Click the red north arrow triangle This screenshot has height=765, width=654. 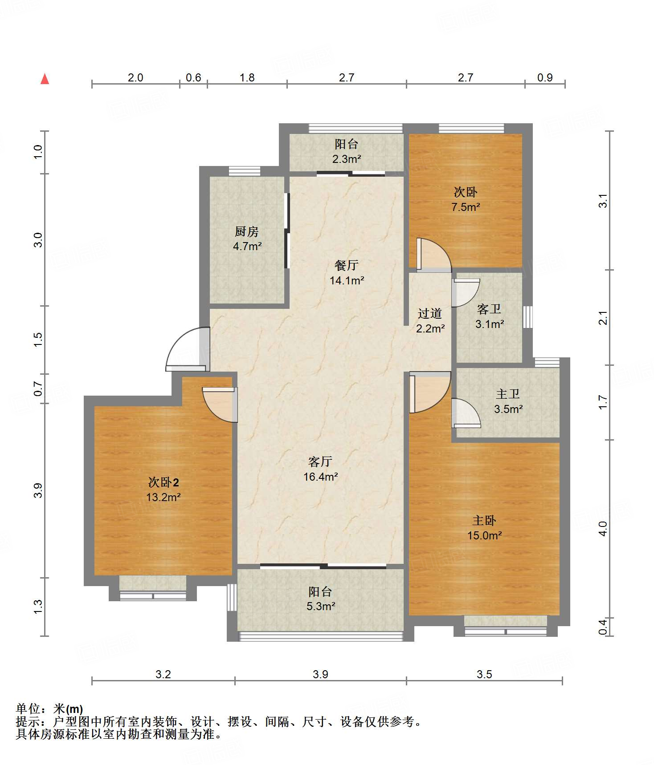point(45,79)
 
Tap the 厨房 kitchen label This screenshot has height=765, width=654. point(247,231)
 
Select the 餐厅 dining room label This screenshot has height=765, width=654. point(347,265)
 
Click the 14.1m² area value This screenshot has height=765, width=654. point(347,280)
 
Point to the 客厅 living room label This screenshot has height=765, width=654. point(320,461)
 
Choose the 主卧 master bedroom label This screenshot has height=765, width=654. point(484,520)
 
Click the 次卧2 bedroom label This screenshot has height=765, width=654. point(163,482)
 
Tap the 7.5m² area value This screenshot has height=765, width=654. point(466,207)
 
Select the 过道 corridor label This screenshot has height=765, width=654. point(430,313)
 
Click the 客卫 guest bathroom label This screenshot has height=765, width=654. point(489,309)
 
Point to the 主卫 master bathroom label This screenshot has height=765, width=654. point(508,394)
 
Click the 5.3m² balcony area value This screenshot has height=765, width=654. point(321,606)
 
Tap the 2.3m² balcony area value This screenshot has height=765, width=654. point(347,159)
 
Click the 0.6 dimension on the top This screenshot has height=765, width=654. point(193,77)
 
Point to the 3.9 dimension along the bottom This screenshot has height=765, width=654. point(320,674)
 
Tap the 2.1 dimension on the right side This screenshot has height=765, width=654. point(603,318)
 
